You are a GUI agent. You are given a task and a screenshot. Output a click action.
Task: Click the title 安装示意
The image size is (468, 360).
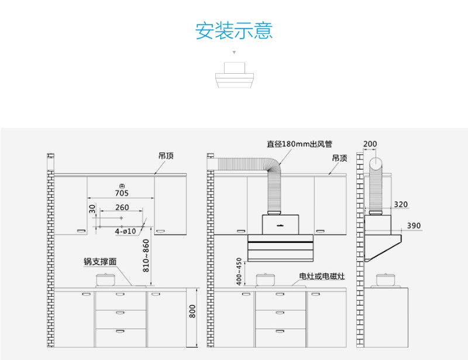234,30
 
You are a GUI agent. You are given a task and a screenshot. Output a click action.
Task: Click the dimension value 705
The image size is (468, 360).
122,193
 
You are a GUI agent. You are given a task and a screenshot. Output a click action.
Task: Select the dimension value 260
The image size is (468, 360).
122,207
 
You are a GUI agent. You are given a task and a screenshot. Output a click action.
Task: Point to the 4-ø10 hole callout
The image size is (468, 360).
125,231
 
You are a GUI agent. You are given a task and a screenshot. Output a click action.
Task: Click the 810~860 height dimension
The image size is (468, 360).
146,257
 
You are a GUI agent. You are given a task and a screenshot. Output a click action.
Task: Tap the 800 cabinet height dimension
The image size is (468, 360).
192,312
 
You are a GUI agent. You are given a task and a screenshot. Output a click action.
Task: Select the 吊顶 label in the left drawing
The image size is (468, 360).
166,156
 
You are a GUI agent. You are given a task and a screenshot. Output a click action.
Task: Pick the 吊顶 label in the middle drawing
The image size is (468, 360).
339,158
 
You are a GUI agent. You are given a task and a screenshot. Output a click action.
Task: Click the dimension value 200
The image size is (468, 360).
370,143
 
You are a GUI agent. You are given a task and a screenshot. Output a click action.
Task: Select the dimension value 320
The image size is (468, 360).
401,204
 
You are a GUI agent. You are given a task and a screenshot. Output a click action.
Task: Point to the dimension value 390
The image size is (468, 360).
414,225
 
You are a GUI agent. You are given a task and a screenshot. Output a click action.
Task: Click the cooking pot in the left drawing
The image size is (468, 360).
105,279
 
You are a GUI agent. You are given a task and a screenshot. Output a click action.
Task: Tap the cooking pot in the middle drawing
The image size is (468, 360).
267,279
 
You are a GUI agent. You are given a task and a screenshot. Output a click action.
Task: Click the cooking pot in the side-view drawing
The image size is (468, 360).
386,279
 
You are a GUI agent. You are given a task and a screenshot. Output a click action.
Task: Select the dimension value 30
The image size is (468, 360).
92,209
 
